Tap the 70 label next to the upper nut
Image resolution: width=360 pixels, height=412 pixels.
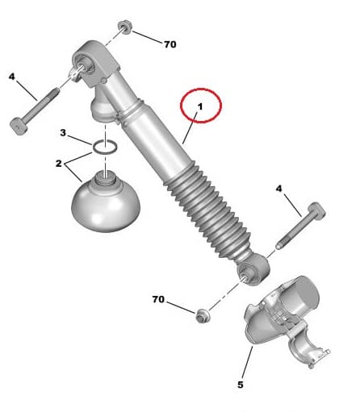tap(170, 44)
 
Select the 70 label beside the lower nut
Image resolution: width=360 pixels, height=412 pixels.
tap(158, 299)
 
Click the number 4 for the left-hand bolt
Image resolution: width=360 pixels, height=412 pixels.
tap(12, 77)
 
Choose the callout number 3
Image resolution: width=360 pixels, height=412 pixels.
tap(62, 132)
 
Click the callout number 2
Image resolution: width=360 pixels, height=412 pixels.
tap(59, 164)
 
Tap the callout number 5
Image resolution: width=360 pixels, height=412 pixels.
tap(240, 385)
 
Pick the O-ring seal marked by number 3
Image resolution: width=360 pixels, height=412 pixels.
tap(105, 148)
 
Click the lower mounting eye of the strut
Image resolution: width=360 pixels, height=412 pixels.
tap(253, 270)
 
